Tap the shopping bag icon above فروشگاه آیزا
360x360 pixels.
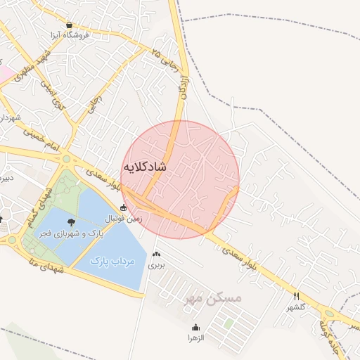click(68, 23)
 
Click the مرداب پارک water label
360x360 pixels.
click(112, 261)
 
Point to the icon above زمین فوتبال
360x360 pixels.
click(124, 207)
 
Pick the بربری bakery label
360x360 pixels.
click(156, 266)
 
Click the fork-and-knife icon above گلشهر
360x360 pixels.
click(296, 296)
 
